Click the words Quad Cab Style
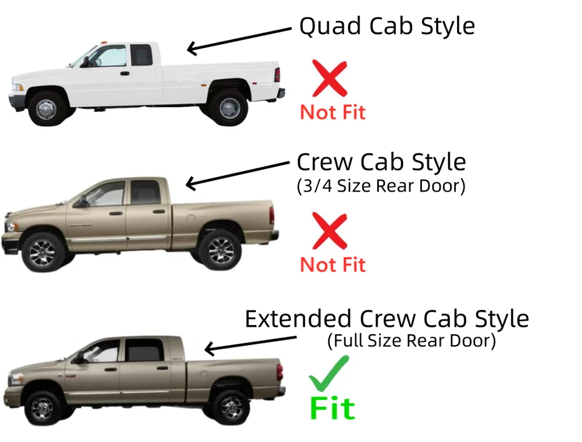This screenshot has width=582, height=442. click(x=387, y=26)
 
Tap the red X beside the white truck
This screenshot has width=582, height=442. click(x=330, y=78)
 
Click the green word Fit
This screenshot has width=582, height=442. click(x=332, y=407)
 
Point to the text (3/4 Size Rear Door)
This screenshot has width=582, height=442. click(x=381, y=186)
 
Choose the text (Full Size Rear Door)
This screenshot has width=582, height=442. click(x=412, y=341)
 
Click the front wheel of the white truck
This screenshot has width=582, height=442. click(x=46, y=109)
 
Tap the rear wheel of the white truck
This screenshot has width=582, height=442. click(x=230, y=107)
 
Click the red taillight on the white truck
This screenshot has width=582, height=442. click(x=277, y=75)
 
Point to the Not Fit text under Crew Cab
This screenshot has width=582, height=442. click(x=333, y=264)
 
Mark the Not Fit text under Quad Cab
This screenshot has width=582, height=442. click(x=333, y=112)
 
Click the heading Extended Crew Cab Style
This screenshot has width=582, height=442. click(x=386, y=319)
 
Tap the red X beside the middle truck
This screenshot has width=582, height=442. click(x=330, y=231)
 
